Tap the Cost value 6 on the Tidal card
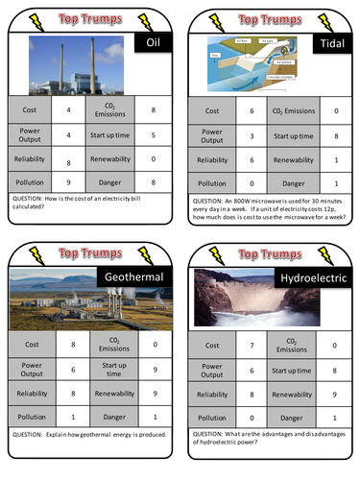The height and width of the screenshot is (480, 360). click(x=251, y=112)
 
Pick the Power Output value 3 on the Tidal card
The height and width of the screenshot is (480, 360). click(x=251, y=135)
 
